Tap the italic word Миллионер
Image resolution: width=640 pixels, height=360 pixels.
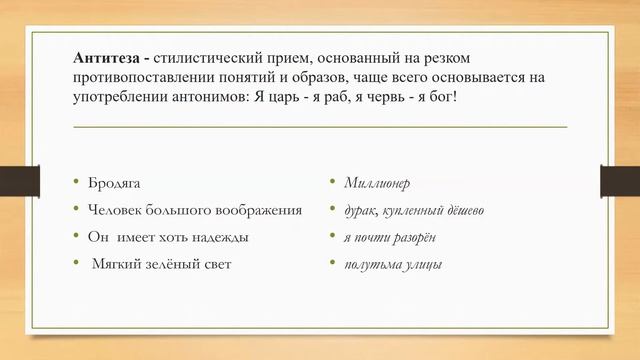(x=377, y=184)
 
